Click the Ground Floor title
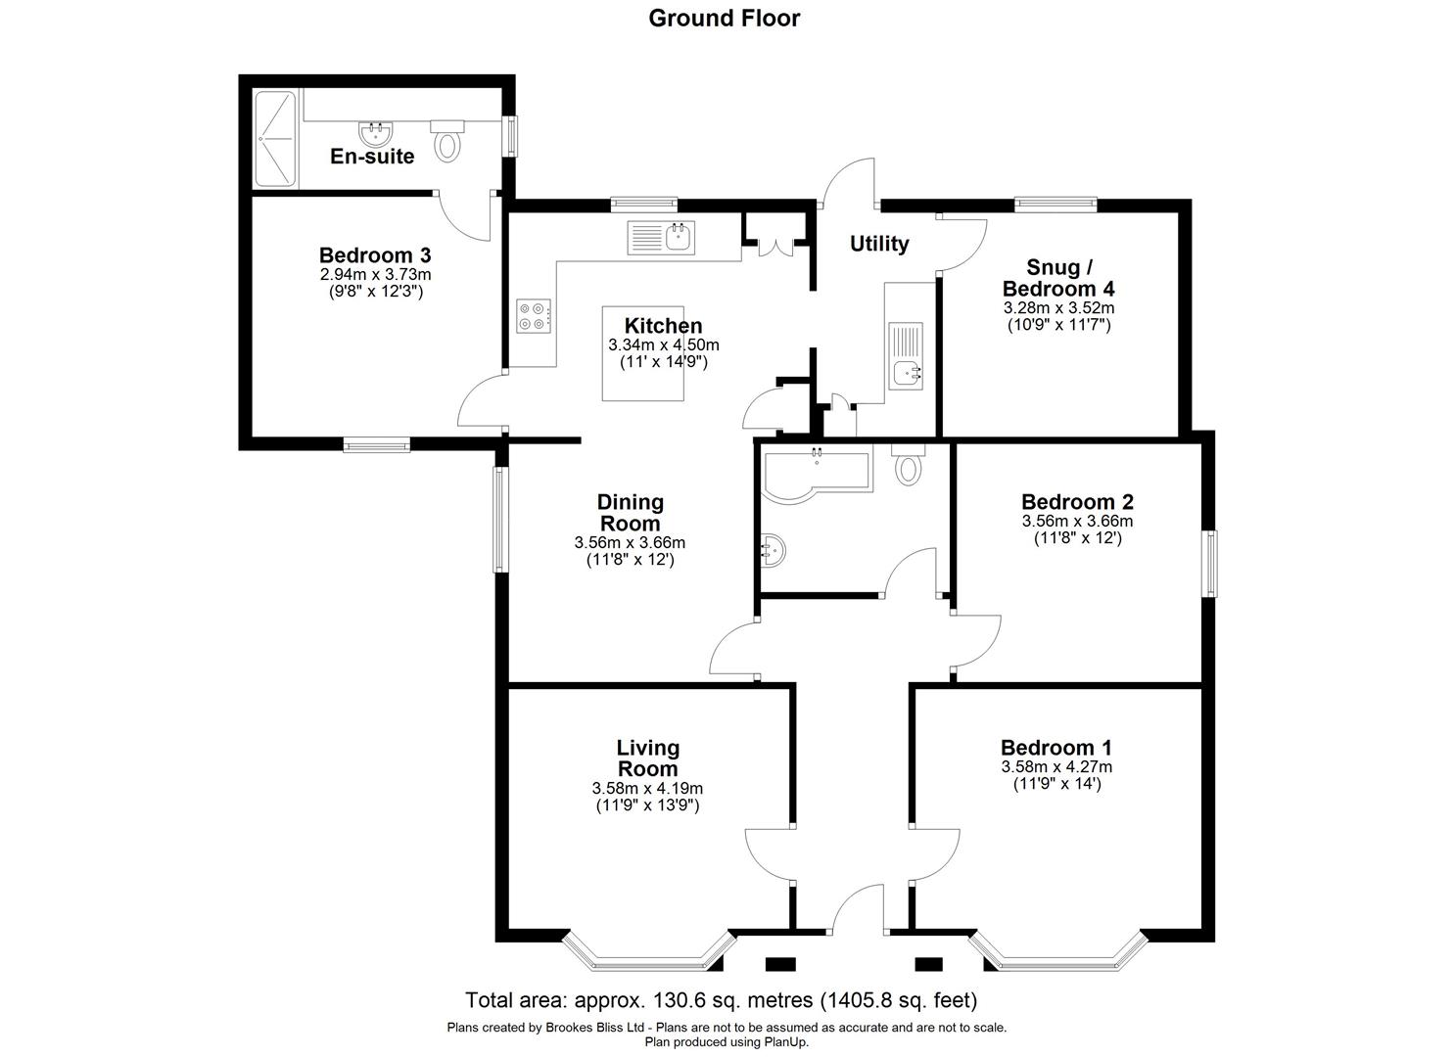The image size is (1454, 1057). click(724, 18)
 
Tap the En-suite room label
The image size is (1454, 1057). click(372, 156)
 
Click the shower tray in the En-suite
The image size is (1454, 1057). click(274, 138)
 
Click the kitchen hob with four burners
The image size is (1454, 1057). click(534, 314)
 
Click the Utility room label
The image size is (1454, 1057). click(878, 244)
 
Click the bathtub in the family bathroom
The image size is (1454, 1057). click(814, 474)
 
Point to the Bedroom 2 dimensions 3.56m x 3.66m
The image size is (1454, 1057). click(1077, 522)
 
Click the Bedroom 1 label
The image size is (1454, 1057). click(1056, 748)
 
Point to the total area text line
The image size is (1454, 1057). click(722, 1000)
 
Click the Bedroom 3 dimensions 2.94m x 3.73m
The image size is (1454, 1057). click(375, 275)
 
